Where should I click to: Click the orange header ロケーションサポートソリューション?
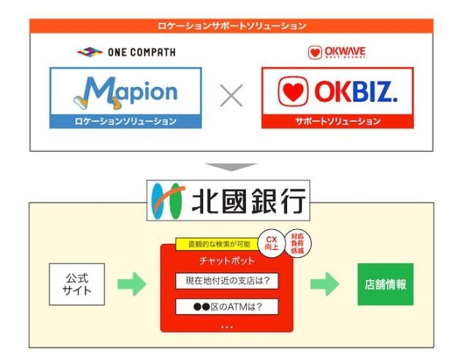click(x=231, y=26)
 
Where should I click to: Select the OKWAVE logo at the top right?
click(x=337, y=52)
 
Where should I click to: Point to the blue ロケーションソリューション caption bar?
click(x=125, y=121)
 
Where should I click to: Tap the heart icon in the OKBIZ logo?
click(x=291, y=93)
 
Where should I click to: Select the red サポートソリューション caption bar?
click(x=337, y=121)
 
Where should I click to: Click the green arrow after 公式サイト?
click(x=131, y=283)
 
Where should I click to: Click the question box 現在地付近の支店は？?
click(x=226, y=281)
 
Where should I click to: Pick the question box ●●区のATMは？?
click(x=226, y=306)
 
